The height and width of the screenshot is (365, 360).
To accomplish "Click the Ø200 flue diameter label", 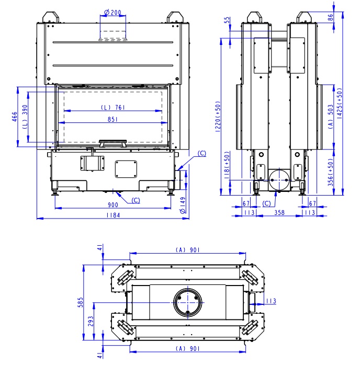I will (113, 12).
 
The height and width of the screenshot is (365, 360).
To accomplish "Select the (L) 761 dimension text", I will (113, 107).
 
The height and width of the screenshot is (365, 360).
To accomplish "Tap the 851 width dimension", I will (113, 119).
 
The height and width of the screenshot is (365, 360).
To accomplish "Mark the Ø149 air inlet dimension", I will (183, 205).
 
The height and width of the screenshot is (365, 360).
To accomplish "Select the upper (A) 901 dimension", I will (188, 249).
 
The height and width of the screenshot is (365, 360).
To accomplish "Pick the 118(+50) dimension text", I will (227, 165).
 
